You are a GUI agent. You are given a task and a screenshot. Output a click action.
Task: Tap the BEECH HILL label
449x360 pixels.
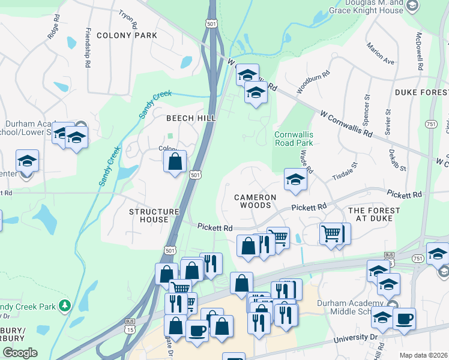191,118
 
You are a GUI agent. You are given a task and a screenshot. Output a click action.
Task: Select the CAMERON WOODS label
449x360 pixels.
255,201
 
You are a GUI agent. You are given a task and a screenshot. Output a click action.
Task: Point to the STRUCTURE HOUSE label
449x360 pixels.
154,215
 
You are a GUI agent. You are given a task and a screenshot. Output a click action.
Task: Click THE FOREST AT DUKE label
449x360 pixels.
374,214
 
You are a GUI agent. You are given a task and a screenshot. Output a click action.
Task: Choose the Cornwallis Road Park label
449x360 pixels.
294,139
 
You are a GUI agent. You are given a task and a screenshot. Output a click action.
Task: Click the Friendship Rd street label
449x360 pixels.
88,40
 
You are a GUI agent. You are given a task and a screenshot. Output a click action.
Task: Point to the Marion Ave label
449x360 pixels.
381,54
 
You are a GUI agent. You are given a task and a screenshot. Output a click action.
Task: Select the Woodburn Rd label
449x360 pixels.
313,81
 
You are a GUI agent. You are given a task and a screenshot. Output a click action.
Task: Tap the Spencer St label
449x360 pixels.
366,107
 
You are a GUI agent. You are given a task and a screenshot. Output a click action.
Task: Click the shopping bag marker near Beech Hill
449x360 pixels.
175,161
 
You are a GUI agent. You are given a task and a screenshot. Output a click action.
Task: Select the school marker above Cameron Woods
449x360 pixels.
295,180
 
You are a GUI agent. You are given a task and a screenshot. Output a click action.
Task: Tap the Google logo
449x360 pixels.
19,353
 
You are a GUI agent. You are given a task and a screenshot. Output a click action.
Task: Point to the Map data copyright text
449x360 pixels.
424,355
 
